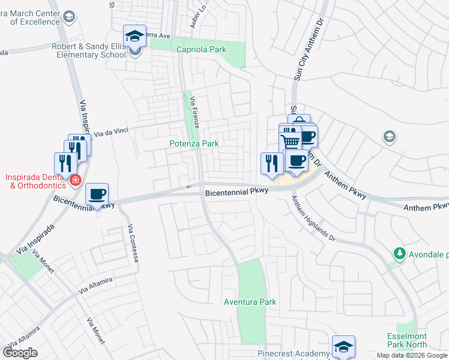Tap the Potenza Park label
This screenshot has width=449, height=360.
click(193, 144)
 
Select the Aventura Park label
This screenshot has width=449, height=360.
click(250, 302)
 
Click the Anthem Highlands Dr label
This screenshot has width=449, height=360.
click(313, 218)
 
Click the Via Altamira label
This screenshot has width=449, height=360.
click(95, 284)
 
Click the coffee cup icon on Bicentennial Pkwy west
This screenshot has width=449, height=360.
click(97, 194)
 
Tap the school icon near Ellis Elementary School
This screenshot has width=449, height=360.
click(135, 35)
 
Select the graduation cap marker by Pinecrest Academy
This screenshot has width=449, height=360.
click(343, 347)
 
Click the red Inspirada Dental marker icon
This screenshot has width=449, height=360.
click(76, 180)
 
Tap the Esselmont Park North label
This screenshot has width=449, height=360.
click(406, 340)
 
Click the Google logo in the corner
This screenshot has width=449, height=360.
click(20, 353)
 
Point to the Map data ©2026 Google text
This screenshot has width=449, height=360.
click(412, 355)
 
